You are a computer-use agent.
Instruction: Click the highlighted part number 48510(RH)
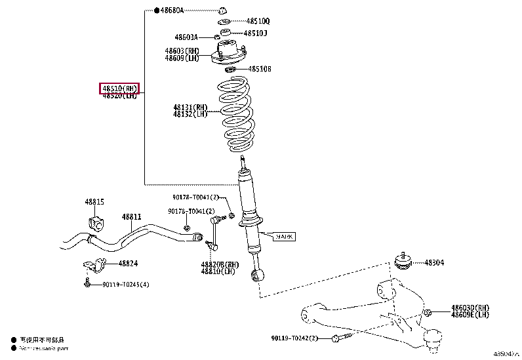pyautogui.click(x=119, y=88)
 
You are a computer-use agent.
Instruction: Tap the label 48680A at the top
pyautogui.click(x=172, y=11)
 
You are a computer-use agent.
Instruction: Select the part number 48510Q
pyautogui.click(x=257, y=22)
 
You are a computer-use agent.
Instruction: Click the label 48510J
pyautogui.click(x=255, y=33)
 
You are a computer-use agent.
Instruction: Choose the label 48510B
pyautogui.click(x=258, y=68)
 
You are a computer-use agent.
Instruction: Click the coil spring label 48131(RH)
pyautogui.click(x=190, y=107)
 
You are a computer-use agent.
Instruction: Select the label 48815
pyautogui.click(x=94, y=202)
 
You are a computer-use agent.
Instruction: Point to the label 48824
pyautogui.click(x=128, y=264)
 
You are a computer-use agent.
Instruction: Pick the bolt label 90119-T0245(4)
pyautogui.click(x=125, y=284)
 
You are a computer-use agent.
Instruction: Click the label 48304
pyautogui.click(x=433, y=262)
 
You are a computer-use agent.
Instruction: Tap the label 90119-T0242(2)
pyautogui.click(x=294, y=338)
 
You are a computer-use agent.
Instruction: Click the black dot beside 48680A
pyautogui.click(x=156, y=11)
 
